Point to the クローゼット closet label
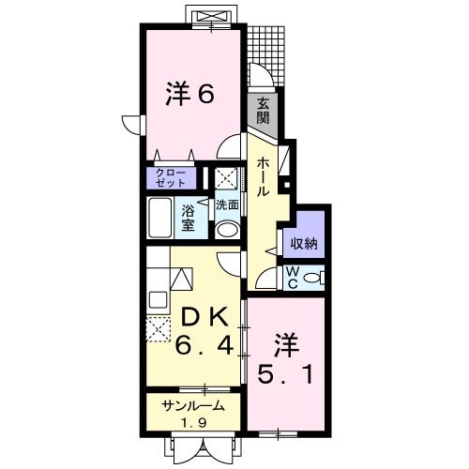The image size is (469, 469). point(172,177)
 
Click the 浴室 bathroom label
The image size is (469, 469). point(187,219)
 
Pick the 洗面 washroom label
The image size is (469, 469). point(226,204)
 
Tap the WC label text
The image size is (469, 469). point(291,278)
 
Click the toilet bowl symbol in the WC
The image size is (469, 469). point(316,278)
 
